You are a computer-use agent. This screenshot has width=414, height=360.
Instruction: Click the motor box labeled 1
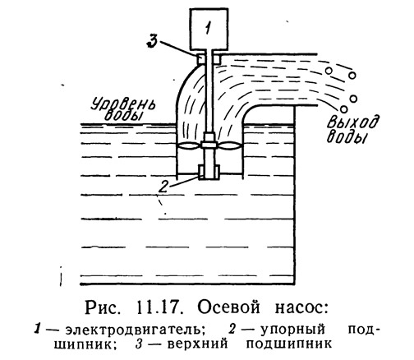pyautogui.click(x=209, y=30)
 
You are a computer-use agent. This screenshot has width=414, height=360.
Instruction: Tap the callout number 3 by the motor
pyautogui.click(x=152, y=41)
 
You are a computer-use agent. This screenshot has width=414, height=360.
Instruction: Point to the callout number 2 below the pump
pyautogui.click(x=163, y=187)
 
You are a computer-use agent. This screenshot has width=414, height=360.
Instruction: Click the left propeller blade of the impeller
pyautogui.click(x=190, y=145)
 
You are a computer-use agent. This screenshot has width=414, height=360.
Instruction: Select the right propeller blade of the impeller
pyautogui.click(x=229, y=145)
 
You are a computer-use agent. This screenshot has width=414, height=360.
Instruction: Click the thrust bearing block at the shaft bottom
pyautogui.click(x=209, y=173)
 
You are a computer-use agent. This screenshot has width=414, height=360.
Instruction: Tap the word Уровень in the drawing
pyautogui.click(x=123, y=104)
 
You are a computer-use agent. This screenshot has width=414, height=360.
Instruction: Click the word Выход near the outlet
pyautogui.click(x=353, y=122)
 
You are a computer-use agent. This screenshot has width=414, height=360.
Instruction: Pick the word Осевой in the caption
pyautogui.click(x=229, y=307)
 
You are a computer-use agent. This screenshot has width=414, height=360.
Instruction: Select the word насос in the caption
pyautogui.click(x=301, y=308)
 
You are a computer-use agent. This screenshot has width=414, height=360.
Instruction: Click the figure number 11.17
pyautogui.click(x=159, y=307)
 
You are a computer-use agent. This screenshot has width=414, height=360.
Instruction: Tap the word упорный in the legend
pyautogui.click(x=292, y=330)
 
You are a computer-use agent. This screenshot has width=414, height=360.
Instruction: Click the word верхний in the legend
pyautogui.click(x=197, y=344)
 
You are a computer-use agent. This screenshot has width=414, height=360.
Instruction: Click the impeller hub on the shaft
pyautogui.click(x=209, y=145)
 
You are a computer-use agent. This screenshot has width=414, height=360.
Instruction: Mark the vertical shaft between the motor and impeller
pyautogui.click(x=209, y=91)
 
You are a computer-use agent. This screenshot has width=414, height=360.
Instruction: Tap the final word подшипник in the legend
pyautogui.click(x=288, y=344)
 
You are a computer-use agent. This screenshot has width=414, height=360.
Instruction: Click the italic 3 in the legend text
pyautogui.click(x=139, y=344)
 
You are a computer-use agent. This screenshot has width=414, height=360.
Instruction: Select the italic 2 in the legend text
pyautogui.click(x=232, y=330)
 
